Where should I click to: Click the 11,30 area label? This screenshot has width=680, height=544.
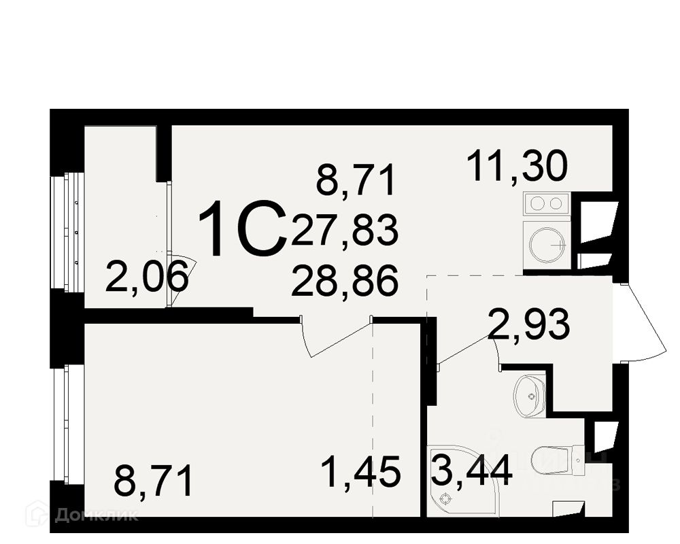pos(517,167)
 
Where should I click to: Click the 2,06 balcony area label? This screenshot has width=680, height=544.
pos(146,277)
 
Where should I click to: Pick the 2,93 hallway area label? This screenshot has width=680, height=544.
pos(528,325)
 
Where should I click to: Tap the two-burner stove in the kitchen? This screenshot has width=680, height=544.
pos(546,203)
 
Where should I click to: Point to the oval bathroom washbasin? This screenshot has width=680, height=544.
pos(530,394)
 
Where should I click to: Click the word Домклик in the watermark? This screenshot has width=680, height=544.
pos(95,514)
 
